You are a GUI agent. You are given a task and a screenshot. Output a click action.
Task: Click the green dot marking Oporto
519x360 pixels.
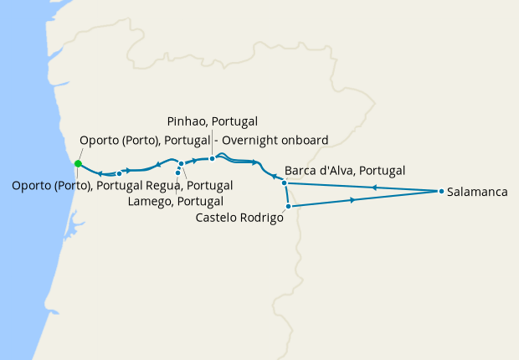coord(78,163)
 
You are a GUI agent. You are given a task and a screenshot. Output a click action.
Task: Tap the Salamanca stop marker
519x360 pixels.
coord(441,192)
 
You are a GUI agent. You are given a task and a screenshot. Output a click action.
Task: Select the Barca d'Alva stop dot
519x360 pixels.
coord(285,183)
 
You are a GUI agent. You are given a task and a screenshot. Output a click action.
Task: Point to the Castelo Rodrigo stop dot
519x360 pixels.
coord(288,206)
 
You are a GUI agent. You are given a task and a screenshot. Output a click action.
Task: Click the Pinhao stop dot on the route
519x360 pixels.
coord(213,158)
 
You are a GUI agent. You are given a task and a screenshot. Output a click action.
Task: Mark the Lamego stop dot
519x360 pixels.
coord(177,172)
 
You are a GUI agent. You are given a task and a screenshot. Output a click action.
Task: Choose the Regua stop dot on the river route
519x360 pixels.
coord(181,163)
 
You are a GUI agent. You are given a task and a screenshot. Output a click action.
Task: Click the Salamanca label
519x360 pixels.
coord(478,192)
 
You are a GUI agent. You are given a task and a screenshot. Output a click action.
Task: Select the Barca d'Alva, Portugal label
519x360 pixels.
coord(345,170)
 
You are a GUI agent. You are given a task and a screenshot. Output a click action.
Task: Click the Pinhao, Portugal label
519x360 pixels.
coord(212,121)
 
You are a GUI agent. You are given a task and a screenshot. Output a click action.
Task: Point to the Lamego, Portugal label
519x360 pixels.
coord(175,201)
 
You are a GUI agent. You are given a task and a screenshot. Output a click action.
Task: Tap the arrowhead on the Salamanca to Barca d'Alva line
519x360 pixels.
coord(374,188)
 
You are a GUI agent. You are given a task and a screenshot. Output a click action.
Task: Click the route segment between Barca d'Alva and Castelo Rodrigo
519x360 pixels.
coord(286,194)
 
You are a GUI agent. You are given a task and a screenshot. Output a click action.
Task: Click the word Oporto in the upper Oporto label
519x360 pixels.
coord(99,140)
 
